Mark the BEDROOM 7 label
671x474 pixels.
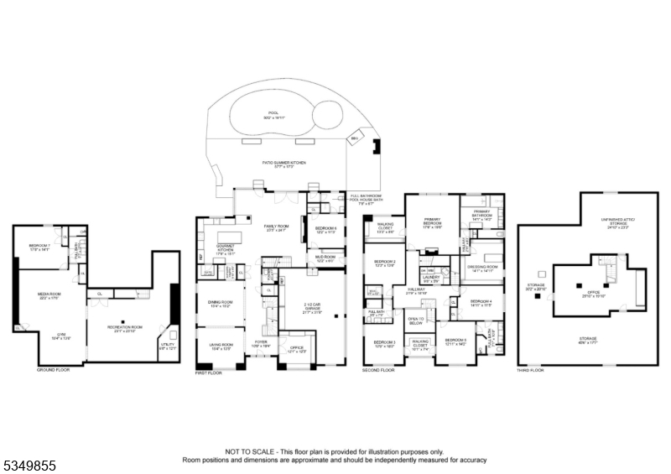pos(40,247)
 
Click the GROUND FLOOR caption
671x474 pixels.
pos(53,368)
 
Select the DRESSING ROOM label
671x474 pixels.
pos(482,268)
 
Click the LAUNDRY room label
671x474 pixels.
pos(431,278)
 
